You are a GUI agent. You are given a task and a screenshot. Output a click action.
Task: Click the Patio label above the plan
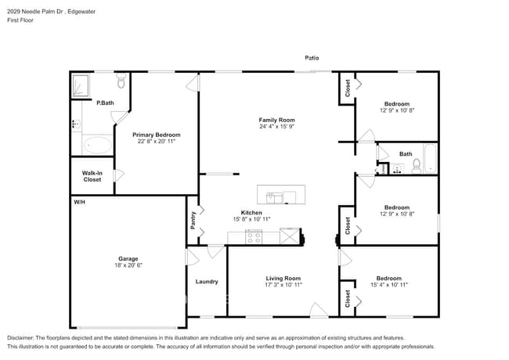point(312,58)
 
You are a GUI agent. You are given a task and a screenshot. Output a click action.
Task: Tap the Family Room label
point(276,120)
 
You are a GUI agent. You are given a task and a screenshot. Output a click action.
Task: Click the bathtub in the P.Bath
point(98,145)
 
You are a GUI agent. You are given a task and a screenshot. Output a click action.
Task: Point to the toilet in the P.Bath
point(121,81)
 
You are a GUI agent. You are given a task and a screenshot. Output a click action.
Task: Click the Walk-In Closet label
point(92,176)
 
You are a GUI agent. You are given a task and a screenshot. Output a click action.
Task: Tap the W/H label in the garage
point(79,203)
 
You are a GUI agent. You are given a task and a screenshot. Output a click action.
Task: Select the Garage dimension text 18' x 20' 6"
point(129,265)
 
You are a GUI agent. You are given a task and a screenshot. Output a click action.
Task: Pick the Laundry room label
point(207,282)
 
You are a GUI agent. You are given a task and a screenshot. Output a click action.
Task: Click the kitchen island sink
point(275,196)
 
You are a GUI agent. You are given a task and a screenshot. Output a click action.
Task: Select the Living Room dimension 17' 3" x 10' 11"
point(283,285)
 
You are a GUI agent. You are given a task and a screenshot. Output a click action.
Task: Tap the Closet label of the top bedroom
point(347,89)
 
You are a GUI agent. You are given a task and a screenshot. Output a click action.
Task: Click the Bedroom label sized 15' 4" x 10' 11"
point(389,278)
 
